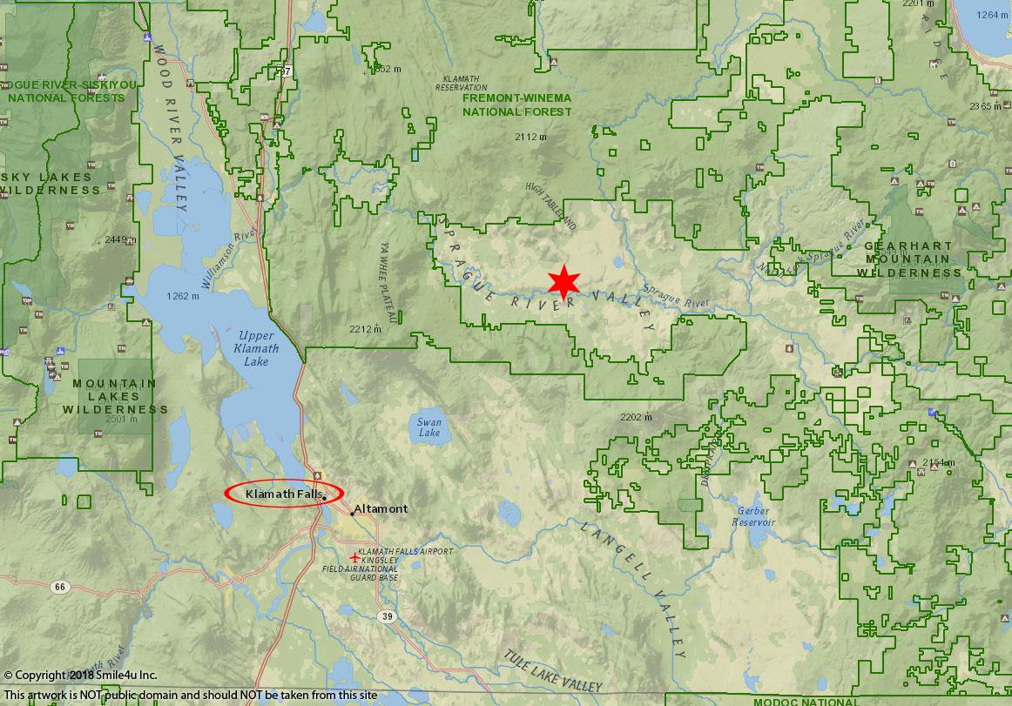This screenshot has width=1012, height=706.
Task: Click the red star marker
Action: pos(564,282)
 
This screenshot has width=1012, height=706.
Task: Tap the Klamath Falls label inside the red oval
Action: pos(284,494)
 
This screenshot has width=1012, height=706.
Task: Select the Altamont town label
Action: pos(381,509)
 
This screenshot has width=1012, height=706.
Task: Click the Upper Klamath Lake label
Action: pos(257,348)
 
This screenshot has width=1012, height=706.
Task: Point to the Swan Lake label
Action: pos(428,427)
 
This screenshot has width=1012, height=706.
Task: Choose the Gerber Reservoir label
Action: pos(753,516)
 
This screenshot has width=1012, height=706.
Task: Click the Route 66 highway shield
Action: pos(58,587)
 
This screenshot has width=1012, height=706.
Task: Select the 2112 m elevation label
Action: pos(530,138)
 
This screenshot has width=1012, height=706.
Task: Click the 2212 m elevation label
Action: pos(366,329)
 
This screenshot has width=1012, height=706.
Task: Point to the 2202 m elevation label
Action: pos(636,417)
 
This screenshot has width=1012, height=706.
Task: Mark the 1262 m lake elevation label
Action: pos(182,297)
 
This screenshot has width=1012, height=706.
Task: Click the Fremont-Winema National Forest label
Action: pos(517,106)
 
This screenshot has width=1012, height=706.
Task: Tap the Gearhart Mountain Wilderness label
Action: pos(908,259)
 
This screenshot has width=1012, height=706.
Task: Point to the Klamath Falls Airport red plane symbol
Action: pos(353,557)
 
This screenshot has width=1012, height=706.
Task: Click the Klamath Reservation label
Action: pos(461,83)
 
